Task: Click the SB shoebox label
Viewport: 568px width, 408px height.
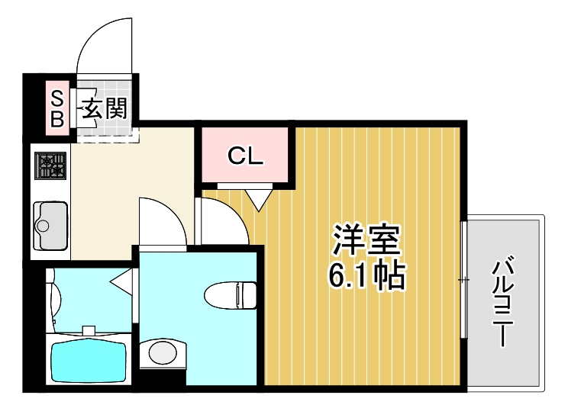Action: pyautogui.click(x=57, y=108)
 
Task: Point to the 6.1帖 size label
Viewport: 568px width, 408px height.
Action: pyautogui.click(x=366, y=276)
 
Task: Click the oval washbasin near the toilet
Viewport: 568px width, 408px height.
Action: pyautogui.click(x=162, y=352)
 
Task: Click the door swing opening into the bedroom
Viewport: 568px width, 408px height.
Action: pyautogui.click(x=221, y=221)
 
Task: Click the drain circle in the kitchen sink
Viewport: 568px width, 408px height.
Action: pyautogui.click(x=43, y=226)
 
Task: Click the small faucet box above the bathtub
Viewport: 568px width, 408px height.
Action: pyautogui.click(x=89, y=331)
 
